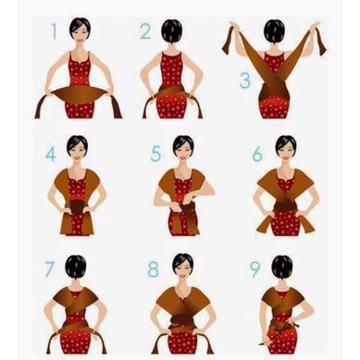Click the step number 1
tap(55, 31)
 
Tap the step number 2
tap(145, 31)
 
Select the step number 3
tap(244, 81)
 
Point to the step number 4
tap(50, 154)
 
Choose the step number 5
tap(155, 154)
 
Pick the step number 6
tap(257, 154)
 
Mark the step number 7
tap(49, 269)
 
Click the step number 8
tap(154, 269)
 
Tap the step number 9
tap(254, 269)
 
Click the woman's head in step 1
tap(80, 28)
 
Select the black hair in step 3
tap(274, 30)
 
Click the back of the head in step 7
tap(76, 267)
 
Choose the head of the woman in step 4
tap(77, 147)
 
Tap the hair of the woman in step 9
tap(282, 267)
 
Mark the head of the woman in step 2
tap(171, 30)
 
